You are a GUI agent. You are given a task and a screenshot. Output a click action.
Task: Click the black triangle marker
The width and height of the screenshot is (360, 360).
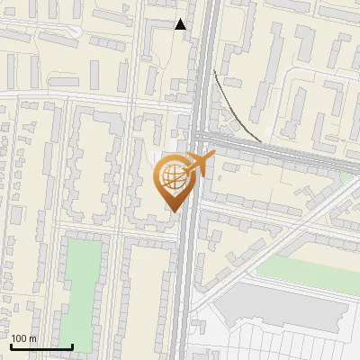point(181,24)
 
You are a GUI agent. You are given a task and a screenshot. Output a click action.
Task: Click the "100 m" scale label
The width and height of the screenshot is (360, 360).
point(23,338)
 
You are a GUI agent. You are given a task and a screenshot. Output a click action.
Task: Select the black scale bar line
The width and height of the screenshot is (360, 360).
point(41,346)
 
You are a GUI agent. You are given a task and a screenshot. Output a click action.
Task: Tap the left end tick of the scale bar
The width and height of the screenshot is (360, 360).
point(11,346)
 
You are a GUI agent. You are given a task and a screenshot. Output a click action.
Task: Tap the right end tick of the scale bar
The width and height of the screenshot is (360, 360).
point(72,346)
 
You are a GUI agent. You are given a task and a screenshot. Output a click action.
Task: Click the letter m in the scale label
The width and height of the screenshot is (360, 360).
point(32,338)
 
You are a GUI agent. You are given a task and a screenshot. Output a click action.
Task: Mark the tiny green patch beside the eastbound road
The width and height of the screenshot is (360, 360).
point(347,177)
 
